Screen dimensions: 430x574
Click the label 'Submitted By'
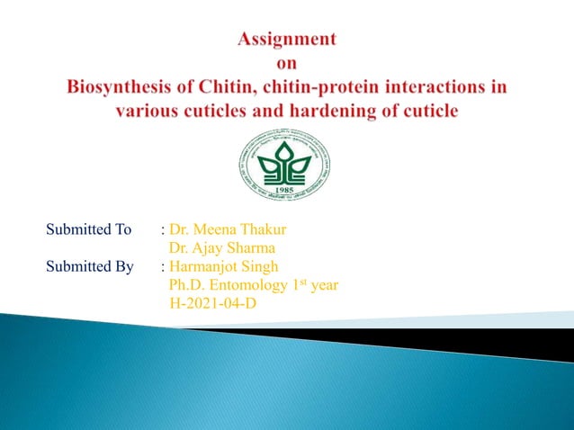click(x=90, y=266)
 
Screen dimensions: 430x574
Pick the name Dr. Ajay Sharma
click(x=222, y=247)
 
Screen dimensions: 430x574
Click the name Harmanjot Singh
click(x=222, y=266)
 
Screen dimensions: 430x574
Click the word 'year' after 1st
click(x=320, y=285)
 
